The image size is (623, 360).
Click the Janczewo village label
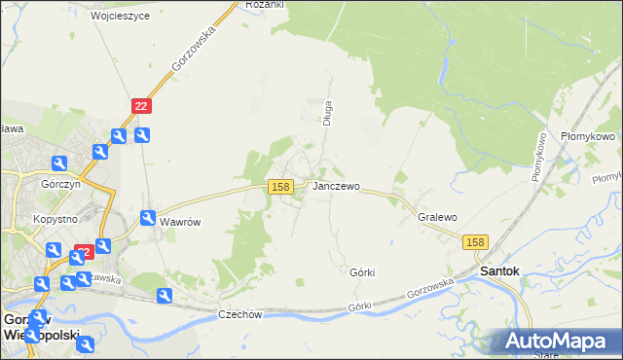tap(336, 186)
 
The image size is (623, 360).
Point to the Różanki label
tap(264, 5)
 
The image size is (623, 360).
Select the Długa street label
tap(328, 114)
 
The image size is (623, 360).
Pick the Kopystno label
tap(54, 219)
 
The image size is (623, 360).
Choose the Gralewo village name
tap(437, 218)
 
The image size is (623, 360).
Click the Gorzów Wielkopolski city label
tap(40, 326)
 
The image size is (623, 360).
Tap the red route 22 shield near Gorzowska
tap(142, 106)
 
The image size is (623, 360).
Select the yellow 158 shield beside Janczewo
tap(280, 186)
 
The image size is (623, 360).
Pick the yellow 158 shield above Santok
tap(475, 242)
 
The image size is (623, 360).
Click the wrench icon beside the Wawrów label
tap(149, 219)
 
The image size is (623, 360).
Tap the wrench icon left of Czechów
tap(165, 295)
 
